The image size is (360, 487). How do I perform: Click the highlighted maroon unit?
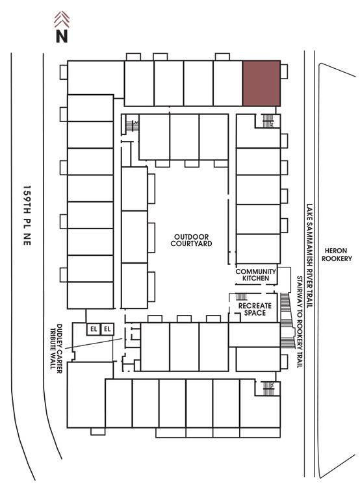(261, 83)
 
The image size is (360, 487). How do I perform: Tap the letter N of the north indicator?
(62, 36)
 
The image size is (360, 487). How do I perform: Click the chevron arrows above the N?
(62, 19)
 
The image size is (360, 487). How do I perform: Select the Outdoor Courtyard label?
(191, 240)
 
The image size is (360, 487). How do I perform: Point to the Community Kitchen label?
(255, 275)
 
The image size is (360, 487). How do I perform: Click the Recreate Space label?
(255, 309)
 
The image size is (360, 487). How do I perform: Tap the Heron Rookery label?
(337, 255)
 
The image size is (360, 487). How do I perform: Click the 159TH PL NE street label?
(27, 216)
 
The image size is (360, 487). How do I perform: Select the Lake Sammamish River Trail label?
(309, 256)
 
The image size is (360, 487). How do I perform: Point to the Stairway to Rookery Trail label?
(300, 322)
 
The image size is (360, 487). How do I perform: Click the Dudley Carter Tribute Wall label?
(56, 348)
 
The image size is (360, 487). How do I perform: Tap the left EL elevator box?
(94, 329)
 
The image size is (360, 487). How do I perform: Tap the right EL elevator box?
(107, 329)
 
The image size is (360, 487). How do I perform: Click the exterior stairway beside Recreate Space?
(287, 320)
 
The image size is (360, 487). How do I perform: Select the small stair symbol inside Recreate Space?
(242, 297)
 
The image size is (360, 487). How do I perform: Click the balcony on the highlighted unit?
(284, 71)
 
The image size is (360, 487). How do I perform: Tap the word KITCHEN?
(255, 279)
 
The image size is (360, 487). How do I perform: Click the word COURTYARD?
(191, 243)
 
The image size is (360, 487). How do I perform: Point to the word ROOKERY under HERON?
(337, 258)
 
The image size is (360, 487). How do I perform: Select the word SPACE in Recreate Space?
(255, 313)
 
